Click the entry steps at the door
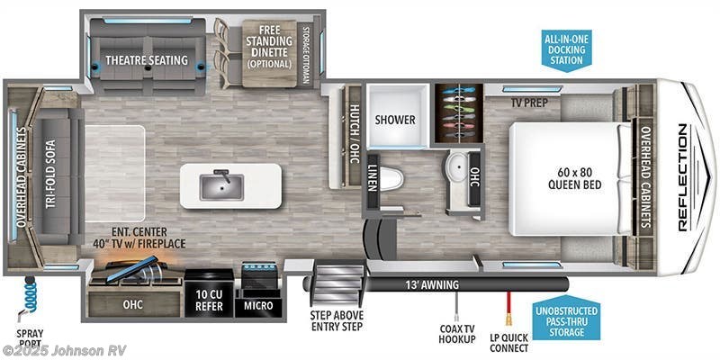click(338, 274)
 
